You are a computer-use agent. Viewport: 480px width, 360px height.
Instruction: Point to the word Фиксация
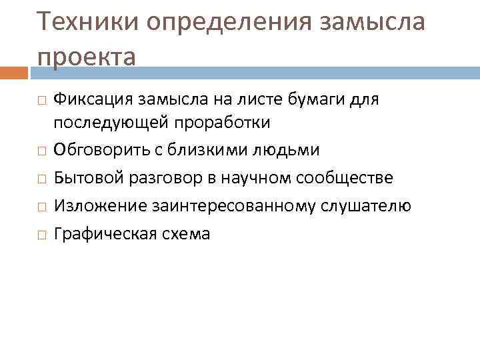(x=93, y=99)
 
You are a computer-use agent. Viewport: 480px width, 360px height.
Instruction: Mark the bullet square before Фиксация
(x=41, y=100)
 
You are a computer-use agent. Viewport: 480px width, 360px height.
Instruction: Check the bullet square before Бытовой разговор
(x=41, y=179)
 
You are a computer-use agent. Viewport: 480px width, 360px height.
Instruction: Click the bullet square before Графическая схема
(x=41, y=235)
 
